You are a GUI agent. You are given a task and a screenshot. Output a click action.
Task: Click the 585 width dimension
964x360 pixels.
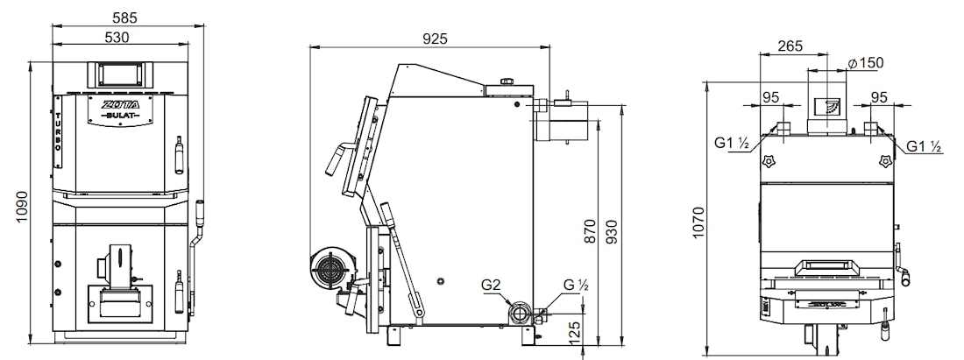[124, 18]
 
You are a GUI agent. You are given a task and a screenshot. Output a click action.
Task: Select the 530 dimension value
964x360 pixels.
[117, 38]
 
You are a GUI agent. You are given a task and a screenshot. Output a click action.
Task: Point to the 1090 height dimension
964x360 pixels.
[22, 207]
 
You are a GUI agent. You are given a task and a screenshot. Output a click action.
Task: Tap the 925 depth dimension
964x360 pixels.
[436, 39]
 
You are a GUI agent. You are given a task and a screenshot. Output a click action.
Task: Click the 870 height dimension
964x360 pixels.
[590, 230]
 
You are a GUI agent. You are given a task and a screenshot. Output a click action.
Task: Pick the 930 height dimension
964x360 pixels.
[612, 231]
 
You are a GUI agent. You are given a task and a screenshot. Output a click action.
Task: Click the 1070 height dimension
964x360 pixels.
[698, 222]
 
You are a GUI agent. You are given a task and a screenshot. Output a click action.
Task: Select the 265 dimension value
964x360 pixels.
[790, 46]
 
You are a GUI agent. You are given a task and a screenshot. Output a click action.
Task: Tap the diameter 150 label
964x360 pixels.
[865, 63]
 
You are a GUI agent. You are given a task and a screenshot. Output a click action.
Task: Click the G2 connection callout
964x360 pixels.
[492, 285]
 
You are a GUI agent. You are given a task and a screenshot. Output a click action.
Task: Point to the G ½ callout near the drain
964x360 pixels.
[577, 285]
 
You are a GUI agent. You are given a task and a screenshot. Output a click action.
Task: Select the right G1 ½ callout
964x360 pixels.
[925, 146]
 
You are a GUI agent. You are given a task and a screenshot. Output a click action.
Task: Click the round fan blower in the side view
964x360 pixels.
[327, 268]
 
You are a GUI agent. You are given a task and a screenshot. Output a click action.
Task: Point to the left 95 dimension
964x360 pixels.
[770, 98]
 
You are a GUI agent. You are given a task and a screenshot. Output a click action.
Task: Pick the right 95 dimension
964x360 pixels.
[879, 98]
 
